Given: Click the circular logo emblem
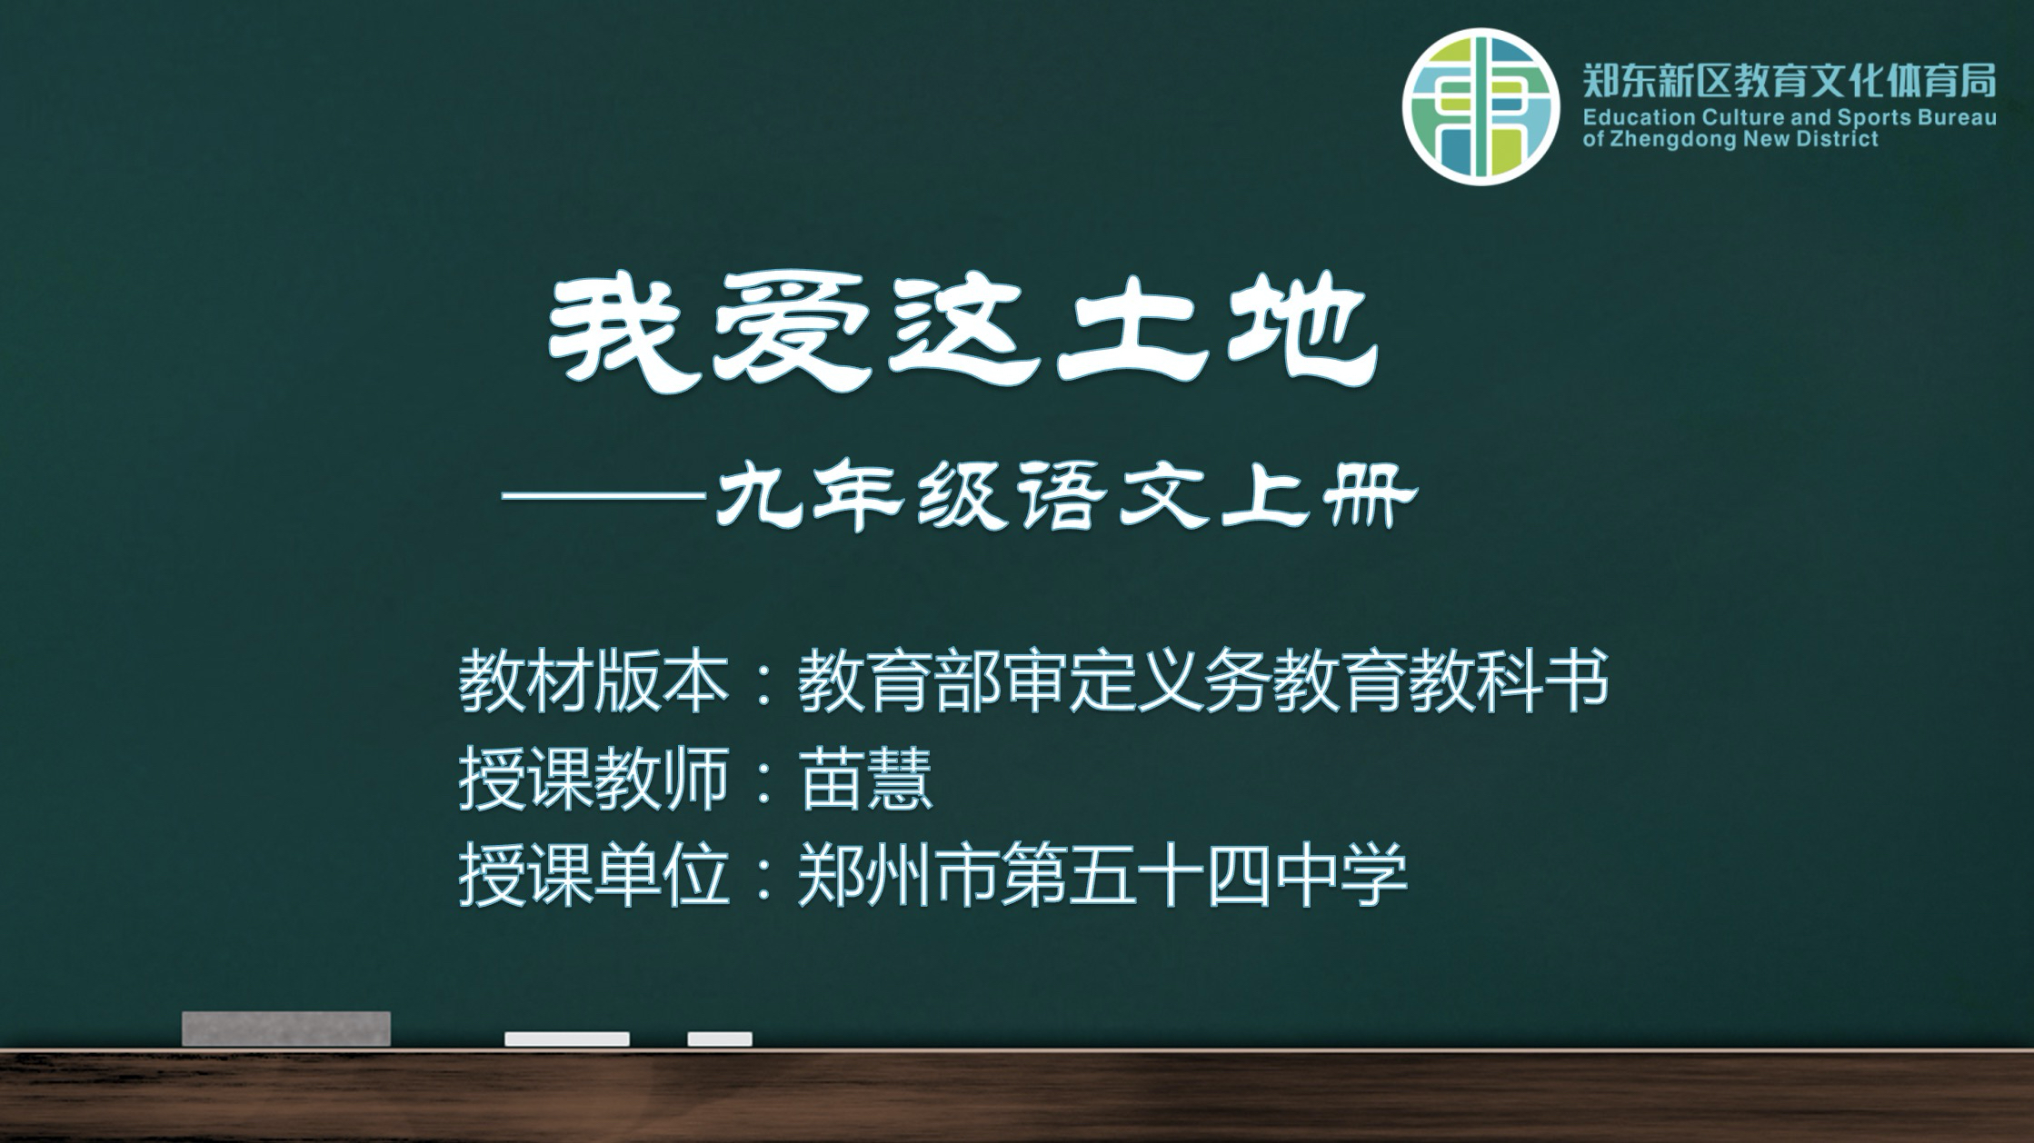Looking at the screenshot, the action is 1481,107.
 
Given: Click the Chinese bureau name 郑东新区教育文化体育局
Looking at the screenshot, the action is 1790,80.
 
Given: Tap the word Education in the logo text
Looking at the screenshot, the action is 1627,117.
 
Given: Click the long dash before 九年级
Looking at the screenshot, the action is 604,496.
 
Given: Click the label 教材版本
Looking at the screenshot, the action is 594,681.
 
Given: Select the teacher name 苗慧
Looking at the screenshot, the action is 865,779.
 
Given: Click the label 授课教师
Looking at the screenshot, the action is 594,779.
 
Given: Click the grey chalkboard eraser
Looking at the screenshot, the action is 286,1029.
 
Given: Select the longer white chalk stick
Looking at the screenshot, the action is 567,1039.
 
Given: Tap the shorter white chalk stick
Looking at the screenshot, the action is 720,1039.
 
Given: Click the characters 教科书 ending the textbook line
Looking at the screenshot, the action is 1508,681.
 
